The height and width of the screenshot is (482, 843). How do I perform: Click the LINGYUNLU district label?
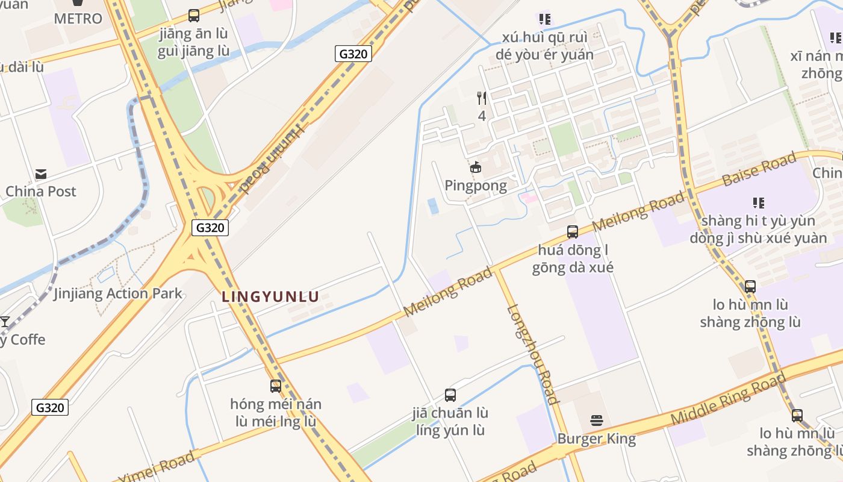[270, 296]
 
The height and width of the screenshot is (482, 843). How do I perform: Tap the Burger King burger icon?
[597, 420]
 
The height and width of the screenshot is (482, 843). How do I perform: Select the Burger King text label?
[597, 438]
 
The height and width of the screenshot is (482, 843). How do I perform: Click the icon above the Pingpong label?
[476, 167]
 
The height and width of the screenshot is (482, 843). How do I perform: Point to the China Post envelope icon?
[41, 174]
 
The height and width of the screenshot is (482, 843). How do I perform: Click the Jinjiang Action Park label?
[118, 293]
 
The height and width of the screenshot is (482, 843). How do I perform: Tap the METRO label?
[78, 19]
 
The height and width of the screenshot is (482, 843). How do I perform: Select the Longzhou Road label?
[532, 354]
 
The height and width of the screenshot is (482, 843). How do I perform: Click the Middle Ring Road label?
[728, 399]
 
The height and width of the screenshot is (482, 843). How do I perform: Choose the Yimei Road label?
[156, 467]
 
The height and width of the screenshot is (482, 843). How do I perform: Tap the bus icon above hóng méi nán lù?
[276, 386]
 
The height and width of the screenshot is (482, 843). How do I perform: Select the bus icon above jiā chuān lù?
[450, 395]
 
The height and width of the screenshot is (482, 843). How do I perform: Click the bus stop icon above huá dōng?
[573, 231]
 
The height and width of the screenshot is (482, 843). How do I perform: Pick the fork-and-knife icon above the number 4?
[482, 98]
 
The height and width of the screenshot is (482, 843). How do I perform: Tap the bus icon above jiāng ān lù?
[194, 16]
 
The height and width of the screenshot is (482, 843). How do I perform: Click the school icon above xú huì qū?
[545, 19]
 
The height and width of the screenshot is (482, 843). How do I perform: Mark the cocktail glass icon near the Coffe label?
[5, 322]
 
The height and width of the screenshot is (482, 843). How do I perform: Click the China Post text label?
[41, 192]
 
